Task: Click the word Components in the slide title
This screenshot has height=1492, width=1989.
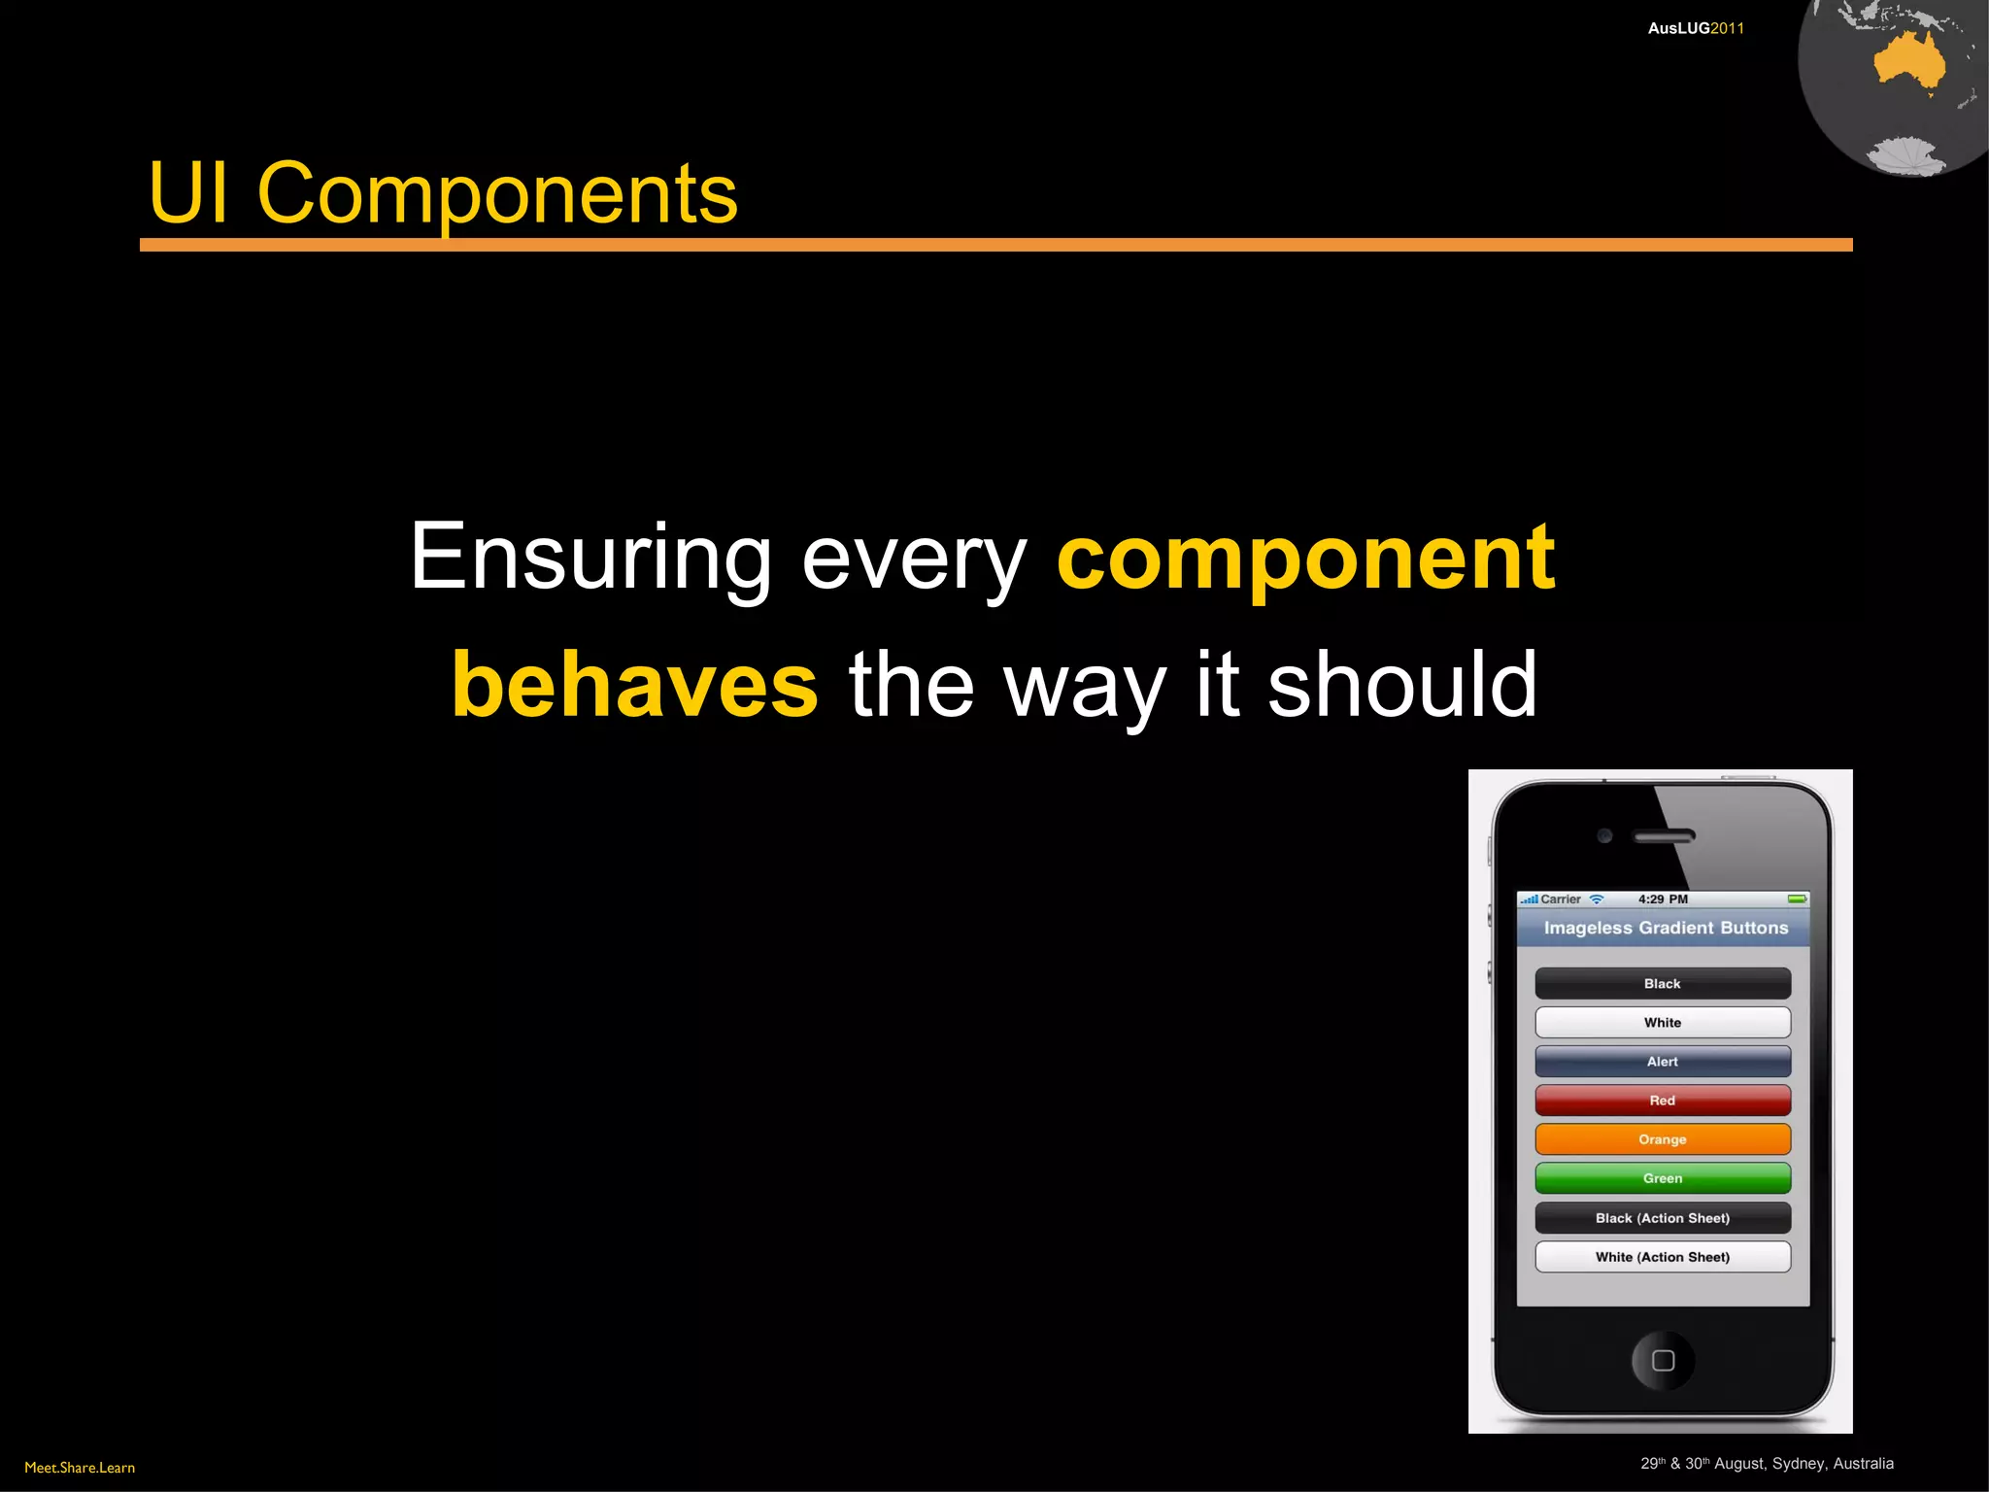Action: (x=496, y=194)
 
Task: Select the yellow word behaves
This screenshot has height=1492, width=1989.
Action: (x=635, y=686)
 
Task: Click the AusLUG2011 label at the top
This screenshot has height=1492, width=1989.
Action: (x=1695, y=28)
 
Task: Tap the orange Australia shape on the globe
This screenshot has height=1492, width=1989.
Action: (x=1907, y=63)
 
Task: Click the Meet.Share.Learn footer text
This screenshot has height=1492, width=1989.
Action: (x=80, y=1467)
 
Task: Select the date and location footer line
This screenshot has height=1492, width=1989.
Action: (x=1767, y=1463)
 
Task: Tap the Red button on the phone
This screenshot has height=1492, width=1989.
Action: (x=1662, y=1101)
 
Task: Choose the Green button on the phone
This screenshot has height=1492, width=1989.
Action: (x=1662, y=1178)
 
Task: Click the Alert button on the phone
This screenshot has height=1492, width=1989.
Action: (x=1662, y=1062)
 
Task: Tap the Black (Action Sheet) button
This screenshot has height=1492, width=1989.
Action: (x=1662, y=1218)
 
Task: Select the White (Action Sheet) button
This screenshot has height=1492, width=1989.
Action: (x=1662, y=1257)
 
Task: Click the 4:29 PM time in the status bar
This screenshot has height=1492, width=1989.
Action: (x=1663, y=899)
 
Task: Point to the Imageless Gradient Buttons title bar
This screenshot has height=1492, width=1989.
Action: (x=1665, y=928)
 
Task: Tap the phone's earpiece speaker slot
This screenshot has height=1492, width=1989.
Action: (x=1664, y=835)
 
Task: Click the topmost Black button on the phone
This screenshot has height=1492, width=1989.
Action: (x=1662, y=983)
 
